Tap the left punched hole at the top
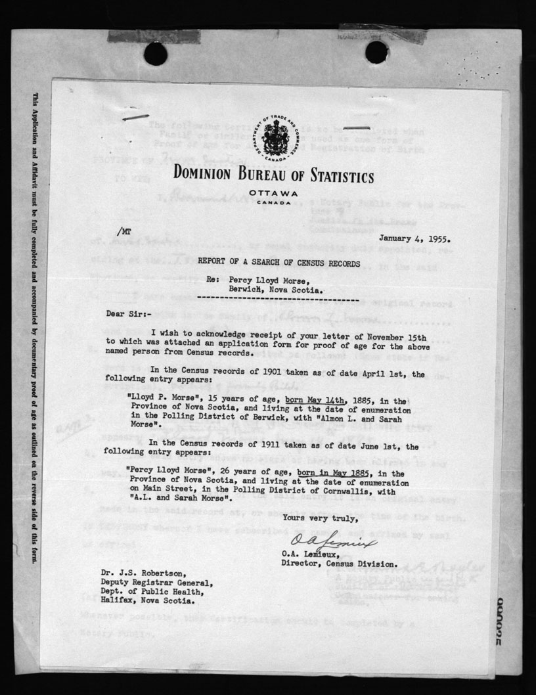pyautogui.click(x=156, y=53)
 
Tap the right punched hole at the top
pyautogui.click(x=376, y=53)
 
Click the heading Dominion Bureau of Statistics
pyautogui.click(x=274, y=176)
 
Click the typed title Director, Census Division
pyautogui.click(x=339, y=564)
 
